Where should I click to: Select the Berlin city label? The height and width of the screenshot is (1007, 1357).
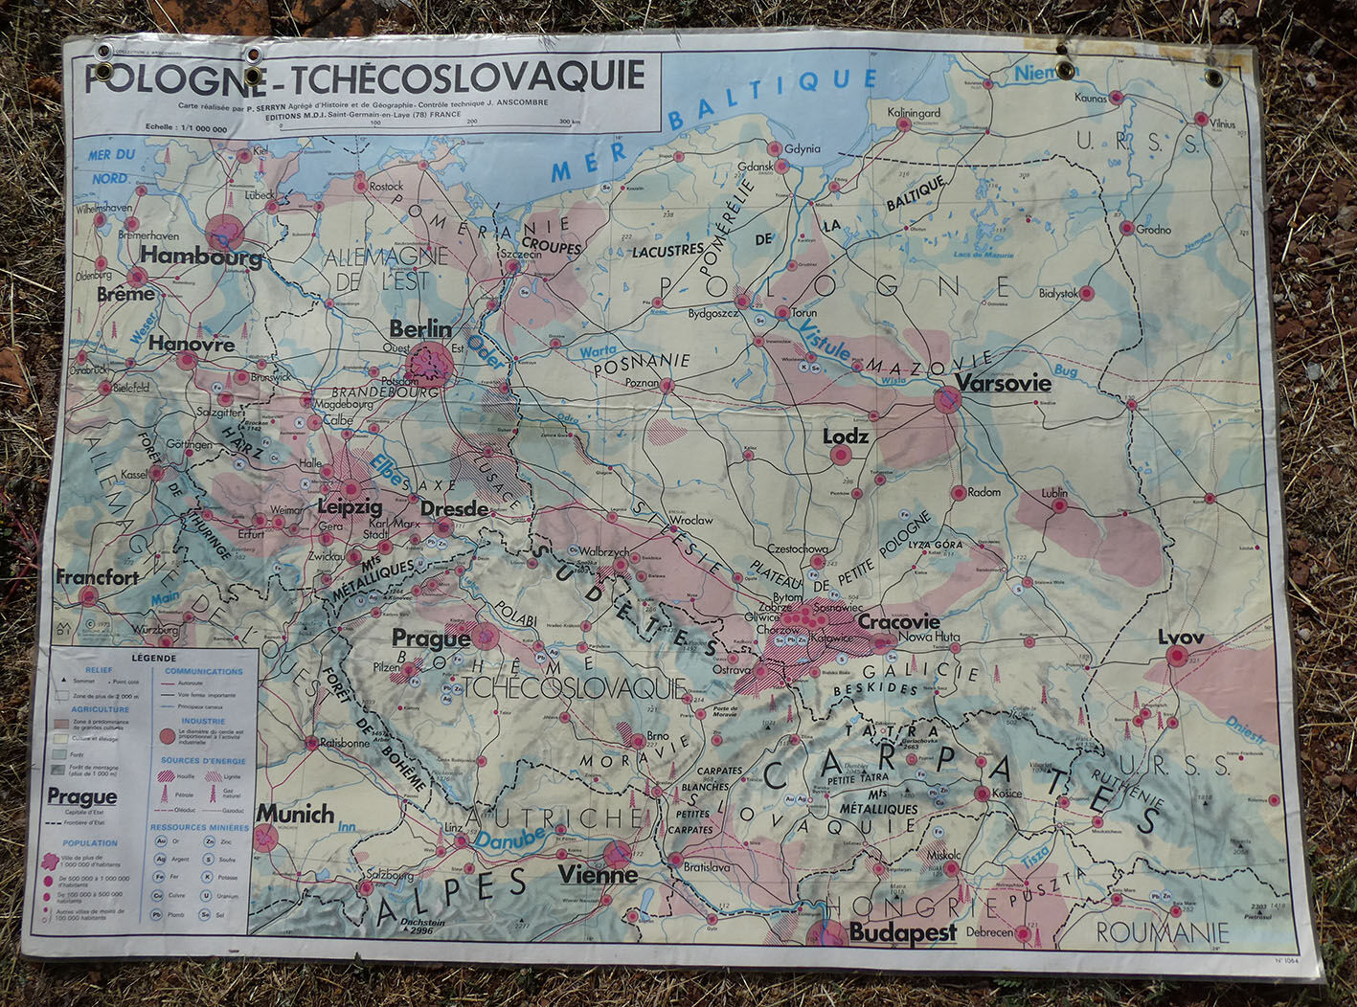coord(420,329)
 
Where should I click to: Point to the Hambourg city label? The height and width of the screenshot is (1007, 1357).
coord(201,257)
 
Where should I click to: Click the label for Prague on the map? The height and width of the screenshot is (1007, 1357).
coord(430,638)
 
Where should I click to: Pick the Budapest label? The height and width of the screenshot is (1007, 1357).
coord(902,933)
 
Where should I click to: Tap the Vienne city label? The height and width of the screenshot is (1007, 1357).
coord(598,875)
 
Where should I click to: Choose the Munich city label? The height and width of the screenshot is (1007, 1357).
coord(295,815)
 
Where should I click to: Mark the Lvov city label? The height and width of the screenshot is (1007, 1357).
coord(1180,638)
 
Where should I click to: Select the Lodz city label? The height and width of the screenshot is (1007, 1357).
coord(846,436)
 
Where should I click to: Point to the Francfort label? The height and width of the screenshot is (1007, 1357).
coord(97,577)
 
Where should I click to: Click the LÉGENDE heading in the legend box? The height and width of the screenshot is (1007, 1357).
coord(153,659)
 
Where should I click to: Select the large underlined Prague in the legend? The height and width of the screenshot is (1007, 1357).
coord(82,797)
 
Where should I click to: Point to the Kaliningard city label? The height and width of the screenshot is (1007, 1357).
coord(914,112)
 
